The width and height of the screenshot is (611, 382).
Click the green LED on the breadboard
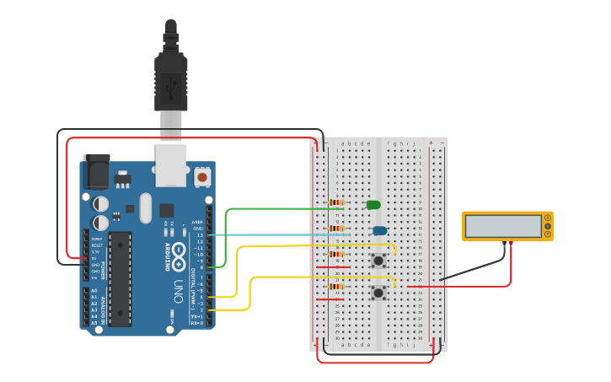tap(373, 204)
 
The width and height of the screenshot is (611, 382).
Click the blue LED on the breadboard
tap(380, 230)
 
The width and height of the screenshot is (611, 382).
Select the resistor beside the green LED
tap(337, 202)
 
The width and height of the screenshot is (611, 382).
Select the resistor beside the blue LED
tap(337, 229)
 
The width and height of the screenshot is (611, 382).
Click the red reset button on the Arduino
tap(202, 177)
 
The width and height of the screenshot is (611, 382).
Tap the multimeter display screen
tap(503, 226)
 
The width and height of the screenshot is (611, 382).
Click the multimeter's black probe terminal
tap(505, 244)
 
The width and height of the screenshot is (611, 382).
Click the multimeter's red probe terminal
tap(512, 244)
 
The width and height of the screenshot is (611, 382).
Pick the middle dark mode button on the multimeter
tap(548, 226)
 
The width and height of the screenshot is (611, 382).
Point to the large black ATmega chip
tap(120, 278)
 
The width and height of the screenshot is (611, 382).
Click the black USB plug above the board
tap(171, 80)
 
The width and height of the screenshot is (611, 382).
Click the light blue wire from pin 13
tap(278, 234)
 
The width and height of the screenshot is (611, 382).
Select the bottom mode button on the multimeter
tap(548, 233)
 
